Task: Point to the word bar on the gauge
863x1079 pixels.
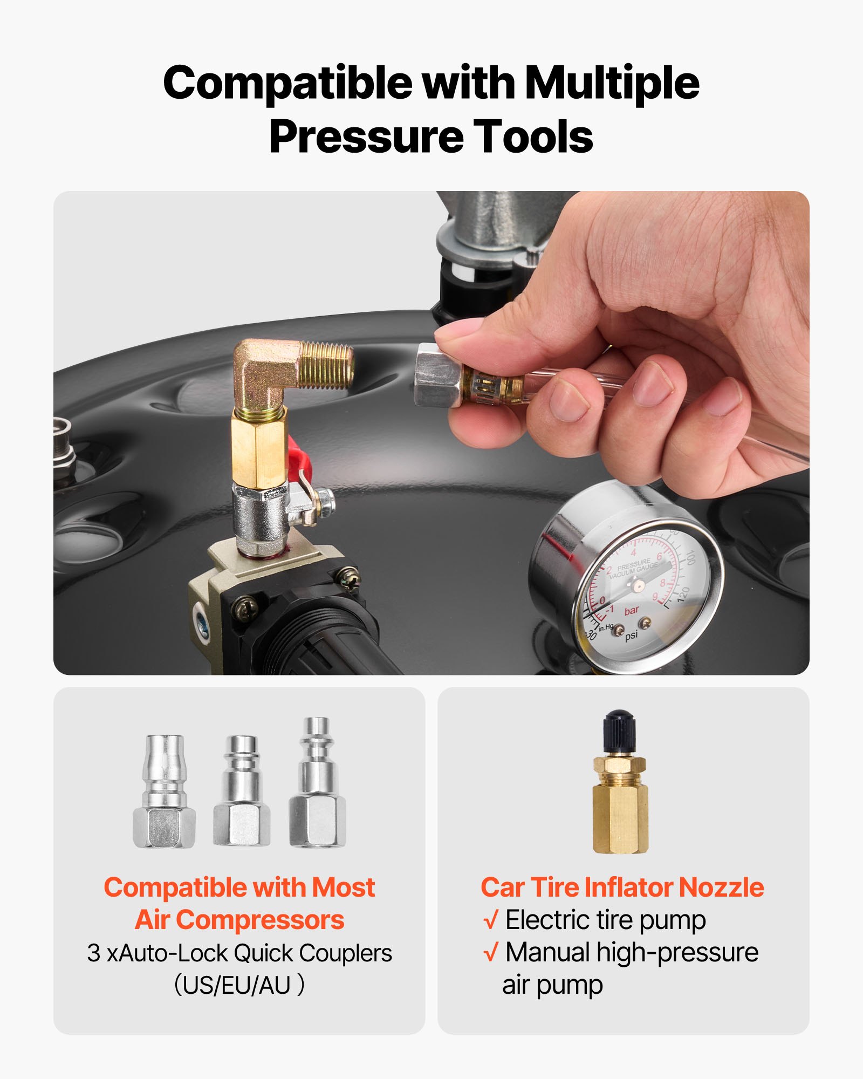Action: (631, 611)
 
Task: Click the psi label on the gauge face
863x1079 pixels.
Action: (631, 635)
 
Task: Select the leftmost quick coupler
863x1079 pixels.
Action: (164, 791)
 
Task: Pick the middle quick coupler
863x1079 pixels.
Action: (242, 791)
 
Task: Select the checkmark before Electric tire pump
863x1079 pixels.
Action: (490, 921)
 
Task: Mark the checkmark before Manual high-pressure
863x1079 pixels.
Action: (490, 953)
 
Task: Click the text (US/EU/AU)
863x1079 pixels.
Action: (239, 985)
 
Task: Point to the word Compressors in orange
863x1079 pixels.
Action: (260, 920)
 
